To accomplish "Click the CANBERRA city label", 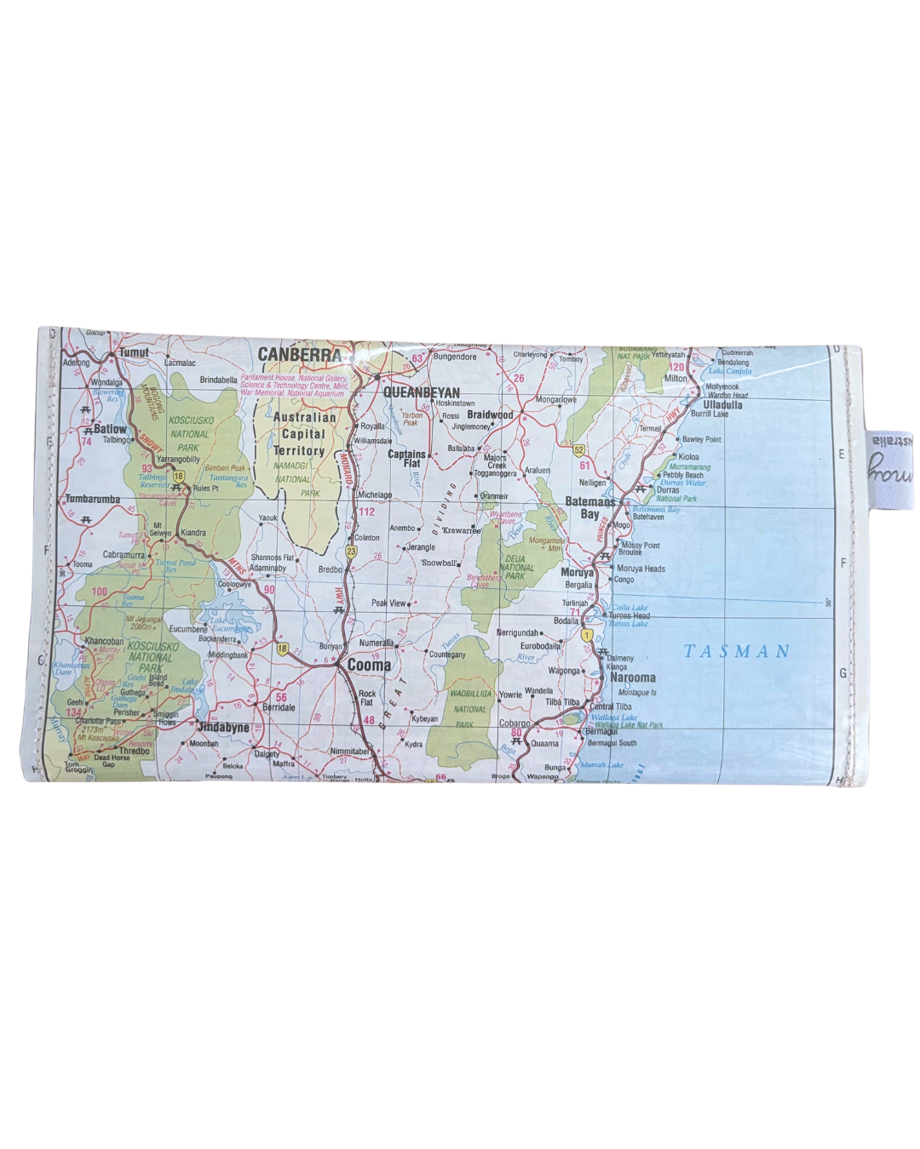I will (x=299, y=354).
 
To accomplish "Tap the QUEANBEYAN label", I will (x=421, y=393).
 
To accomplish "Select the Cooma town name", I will (x=369, y=666).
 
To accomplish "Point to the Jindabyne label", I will (x=223, y=728).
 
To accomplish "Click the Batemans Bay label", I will (x=589, y=508).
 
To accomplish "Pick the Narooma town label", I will (x=633, y=677).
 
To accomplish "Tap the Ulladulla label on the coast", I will (x=722, y=405).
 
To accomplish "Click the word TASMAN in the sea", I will (x=737, y=652).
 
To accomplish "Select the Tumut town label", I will (x=134, y=352).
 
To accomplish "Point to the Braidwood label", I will (x=490, y=415).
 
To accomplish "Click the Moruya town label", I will (x=577, y=573).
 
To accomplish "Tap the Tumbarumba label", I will (x=93, y=499).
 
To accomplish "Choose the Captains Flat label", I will (x=406, y=458).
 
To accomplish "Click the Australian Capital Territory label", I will (x=302, y=434).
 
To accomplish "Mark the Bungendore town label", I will (x=455, y=357).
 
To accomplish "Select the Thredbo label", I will (x=135, y=752).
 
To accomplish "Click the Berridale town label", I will (x=279, y=707).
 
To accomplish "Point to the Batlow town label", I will (x=110, y=429).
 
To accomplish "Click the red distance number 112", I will (x=366, y=512).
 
